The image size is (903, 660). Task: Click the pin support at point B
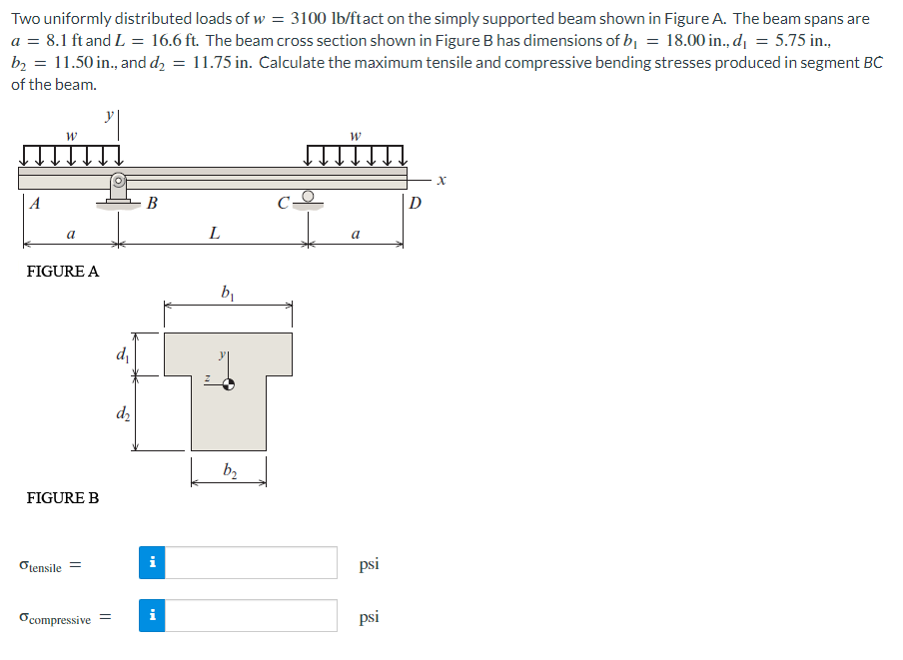118,190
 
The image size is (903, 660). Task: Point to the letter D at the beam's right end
416,205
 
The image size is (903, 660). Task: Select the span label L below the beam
213,234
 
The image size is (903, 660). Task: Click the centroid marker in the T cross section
229,383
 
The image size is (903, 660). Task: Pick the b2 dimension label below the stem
229,470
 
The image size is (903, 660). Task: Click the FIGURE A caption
62,271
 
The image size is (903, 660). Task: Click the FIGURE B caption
62,497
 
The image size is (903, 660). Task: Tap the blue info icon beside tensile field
152,563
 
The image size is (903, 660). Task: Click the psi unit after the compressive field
369,616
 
